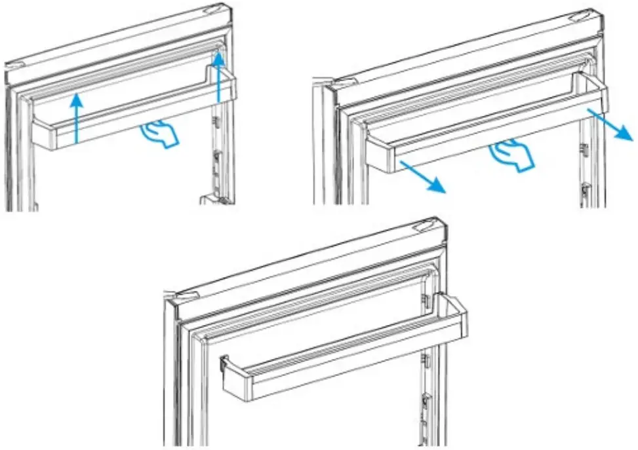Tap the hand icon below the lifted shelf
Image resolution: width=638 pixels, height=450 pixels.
pyautogui.click(x=160, y=134)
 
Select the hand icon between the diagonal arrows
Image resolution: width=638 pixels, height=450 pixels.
pyautogui.click(x=511, y=155)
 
